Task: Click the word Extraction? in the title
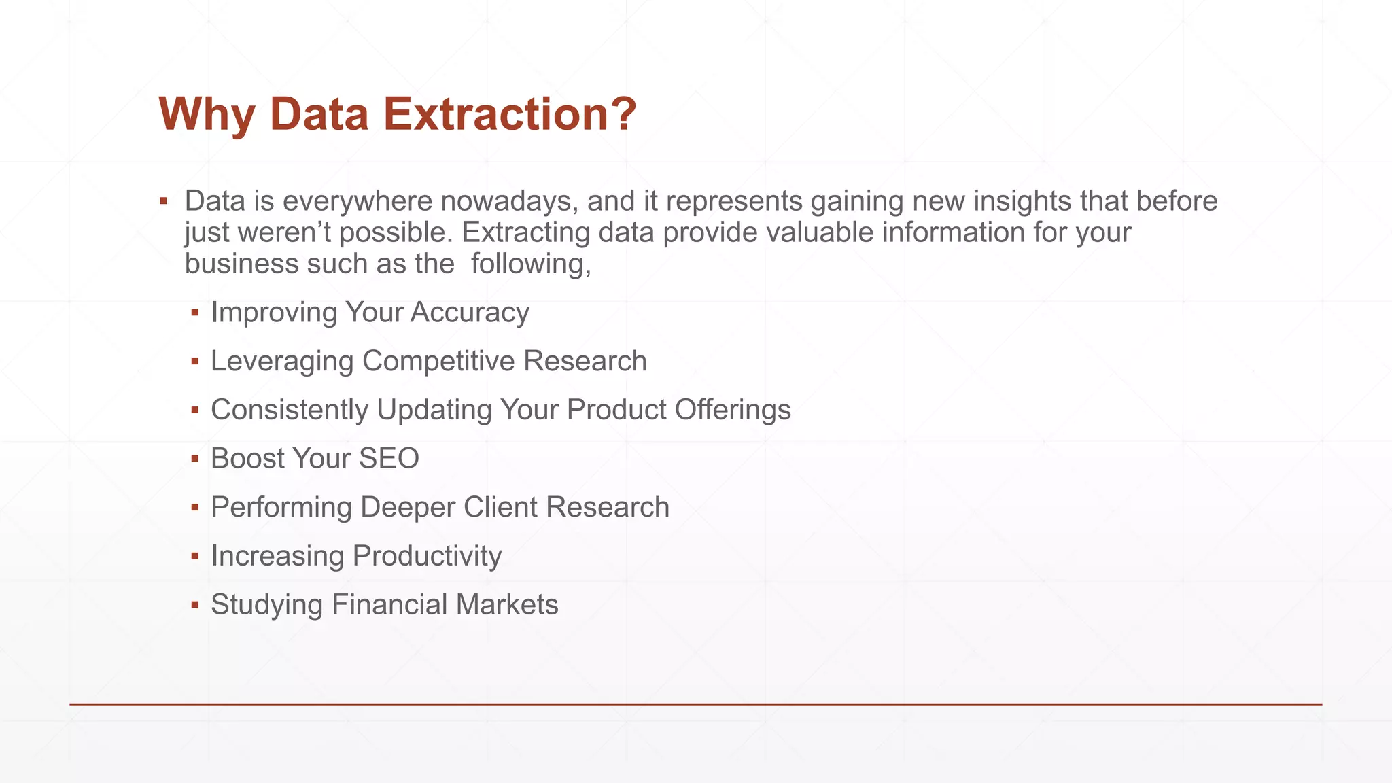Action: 510,114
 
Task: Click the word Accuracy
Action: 470,313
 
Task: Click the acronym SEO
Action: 389,459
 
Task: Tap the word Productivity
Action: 428,556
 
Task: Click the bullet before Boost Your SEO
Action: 195,459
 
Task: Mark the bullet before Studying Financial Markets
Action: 195,605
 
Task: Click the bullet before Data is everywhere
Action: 163,201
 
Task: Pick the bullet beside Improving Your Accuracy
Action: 195,313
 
